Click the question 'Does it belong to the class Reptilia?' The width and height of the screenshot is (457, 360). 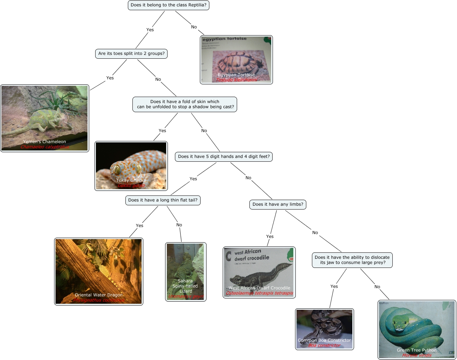[x=168, y=5]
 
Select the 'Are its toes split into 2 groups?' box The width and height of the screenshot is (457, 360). [x=131, y=54]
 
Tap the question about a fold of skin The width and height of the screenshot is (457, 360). [x=185, y=104]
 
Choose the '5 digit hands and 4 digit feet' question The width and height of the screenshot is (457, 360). [x=224, y=157]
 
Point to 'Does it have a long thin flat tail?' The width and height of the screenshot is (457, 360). [x=163, y=200]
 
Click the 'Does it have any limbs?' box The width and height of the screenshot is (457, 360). [x=278, y=205]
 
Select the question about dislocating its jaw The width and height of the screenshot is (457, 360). [x=352, y=260]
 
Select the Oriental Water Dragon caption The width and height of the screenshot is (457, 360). [x=99, y=295]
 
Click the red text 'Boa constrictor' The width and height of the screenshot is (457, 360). [x=324, y=346]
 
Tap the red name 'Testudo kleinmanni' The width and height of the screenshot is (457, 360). [x=236, y=80]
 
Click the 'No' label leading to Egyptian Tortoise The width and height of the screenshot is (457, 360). [x=194, y=27]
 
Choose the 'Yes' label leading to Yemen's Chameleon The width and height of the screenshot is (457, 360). [x=110, y=78]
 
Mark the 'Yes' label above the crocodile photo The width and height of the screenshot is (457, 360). [x=270, y=237]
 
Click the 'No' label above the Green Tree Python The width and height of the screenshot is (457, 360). [x=377, y=287]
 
